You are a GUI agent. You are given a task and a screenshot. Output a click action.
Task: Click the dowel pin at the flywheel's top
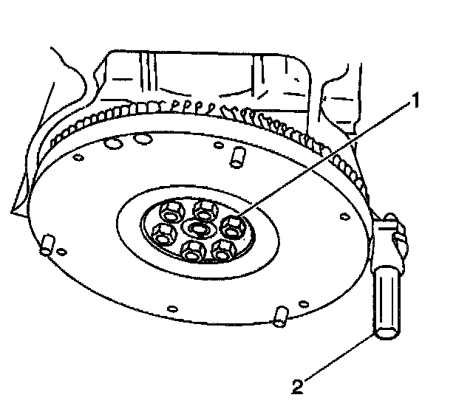point(239,156)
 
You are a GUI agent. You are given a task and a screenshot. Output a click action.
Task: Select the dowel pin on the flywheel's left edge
point(47,245)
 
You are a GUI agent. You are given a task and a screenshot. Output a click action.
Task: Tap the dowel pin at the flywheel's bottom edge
point(279,315)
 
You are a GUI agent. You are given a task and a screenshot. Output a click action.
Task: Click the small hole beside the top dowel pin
point(219,150)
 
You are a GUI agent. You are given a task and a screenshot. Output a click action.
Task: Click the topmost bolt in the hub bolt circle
point(200,211)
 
